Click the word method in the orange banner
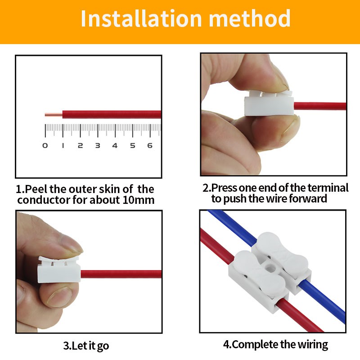[x=250, y=18]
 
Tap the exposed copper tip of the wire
[x=53, y=115]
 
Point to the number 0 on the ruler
[x=45, y=145]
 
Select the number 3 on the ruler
[x=98, y=145]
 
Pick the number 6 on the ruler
[x=150, y=145]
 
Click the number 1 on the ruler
[x=63, y=145]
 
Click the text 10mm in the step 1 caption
[x=138, y=200]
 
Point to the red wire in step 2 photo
[x=320, y=106]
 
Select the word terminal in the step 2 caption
[x=328, y=188]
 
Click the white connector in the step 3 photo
[x=59, y=270]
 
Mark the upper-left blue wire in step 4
[x=232, y=225]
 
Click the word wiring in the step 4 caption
[x=313, y=344]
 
